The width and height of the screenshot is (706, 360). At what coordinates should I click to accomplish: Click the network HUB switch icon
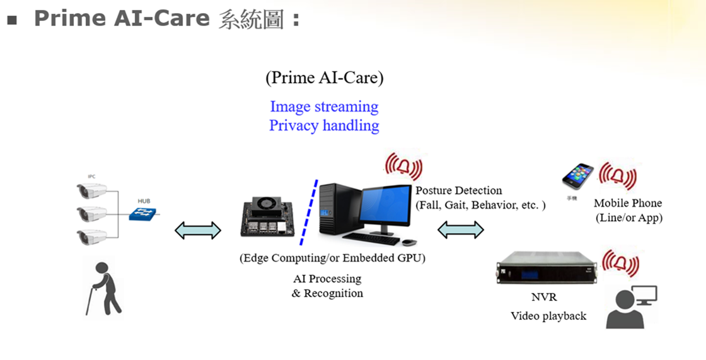click(x=144, y=214)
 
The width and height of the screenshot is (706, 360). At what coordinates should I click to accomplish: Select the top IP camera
click(x=92, y=190)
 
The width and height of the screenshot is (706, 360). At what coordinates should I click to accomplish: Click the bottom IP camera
click(x=92, y=237)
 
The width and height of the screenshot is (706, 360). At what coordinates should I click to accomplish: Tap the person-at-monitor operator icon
click(x=630, y=307)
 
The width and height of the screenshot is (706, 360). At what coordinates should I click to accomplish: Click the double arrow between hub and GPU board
click(x=198, y=230)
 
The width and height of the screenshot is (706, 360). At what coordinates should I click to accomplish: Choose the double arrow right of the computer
click(x=461, y=230)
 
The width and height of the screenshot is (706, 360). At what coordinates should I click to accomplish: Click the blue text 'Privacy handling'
click(x=324, y=125)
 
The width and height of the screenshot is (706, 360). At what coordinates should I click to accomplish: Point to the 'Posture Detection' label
click(x=459, y=190)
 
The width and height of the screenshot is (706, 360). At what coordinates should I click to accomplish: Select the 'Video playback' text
click(x=548, y=316)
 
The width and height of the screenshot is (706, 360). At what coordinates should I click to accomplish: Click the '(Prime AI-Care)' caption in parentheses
click(x=324, y=78)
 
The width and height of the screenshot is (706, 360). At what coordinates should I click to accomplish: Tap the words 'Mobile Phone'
click(x=628, y=203)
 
